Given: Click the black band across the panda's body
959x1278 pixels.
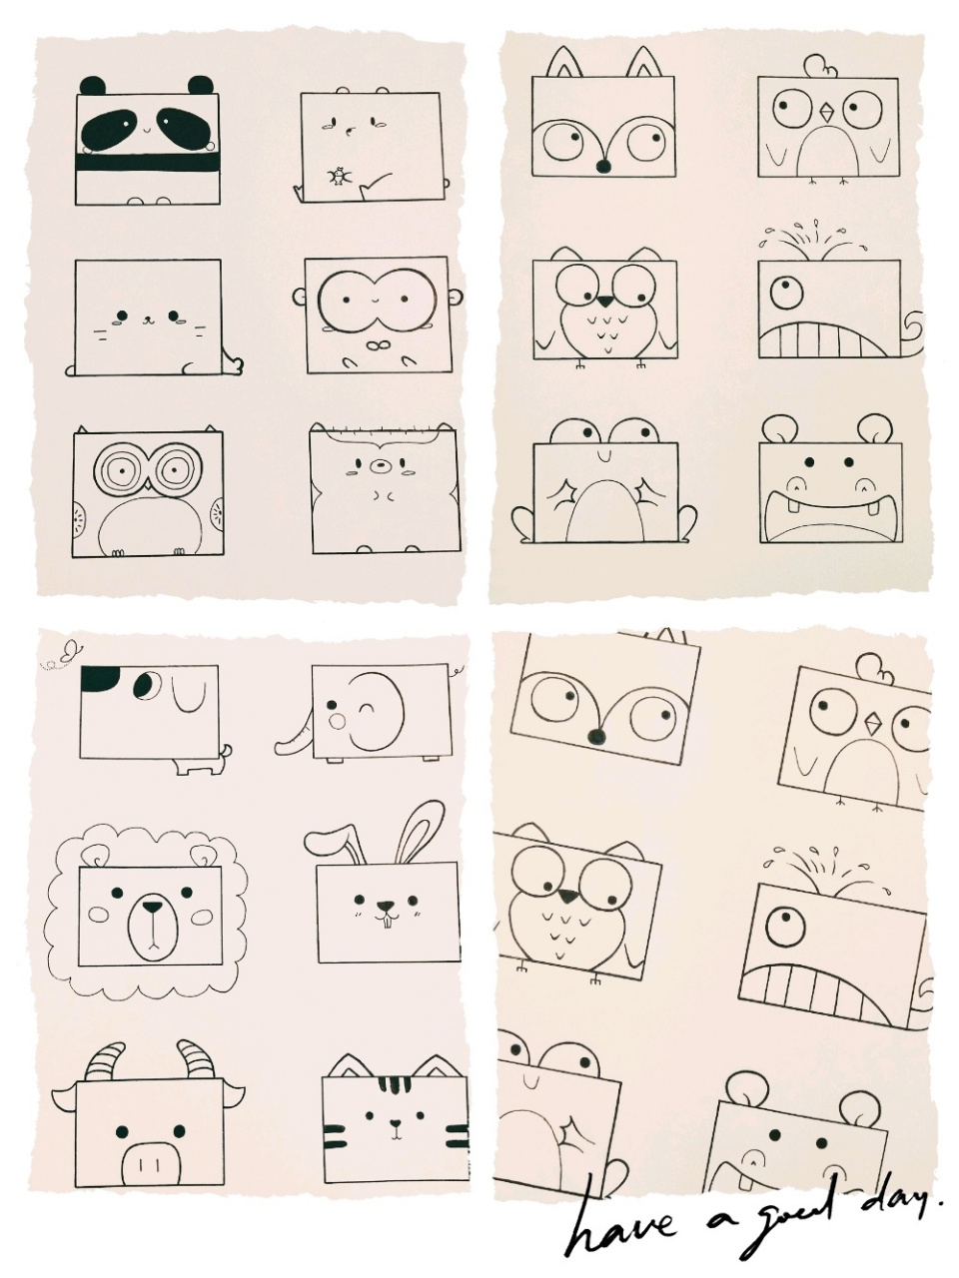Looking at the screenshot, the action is point(149,162).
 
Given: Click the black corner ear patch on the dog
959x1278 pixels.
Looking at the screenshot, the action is point(100,678).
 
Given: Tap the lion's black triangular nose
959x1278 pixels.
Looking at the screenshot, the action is point(153,907).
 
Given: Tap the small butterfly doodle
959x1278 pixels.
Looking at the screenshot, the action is point(69,651).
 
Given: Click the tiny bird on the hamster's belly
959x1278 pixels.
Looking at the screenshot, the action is point(337,176).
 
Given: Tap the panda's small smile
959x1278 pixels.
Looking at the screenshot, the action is point(147,130).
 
